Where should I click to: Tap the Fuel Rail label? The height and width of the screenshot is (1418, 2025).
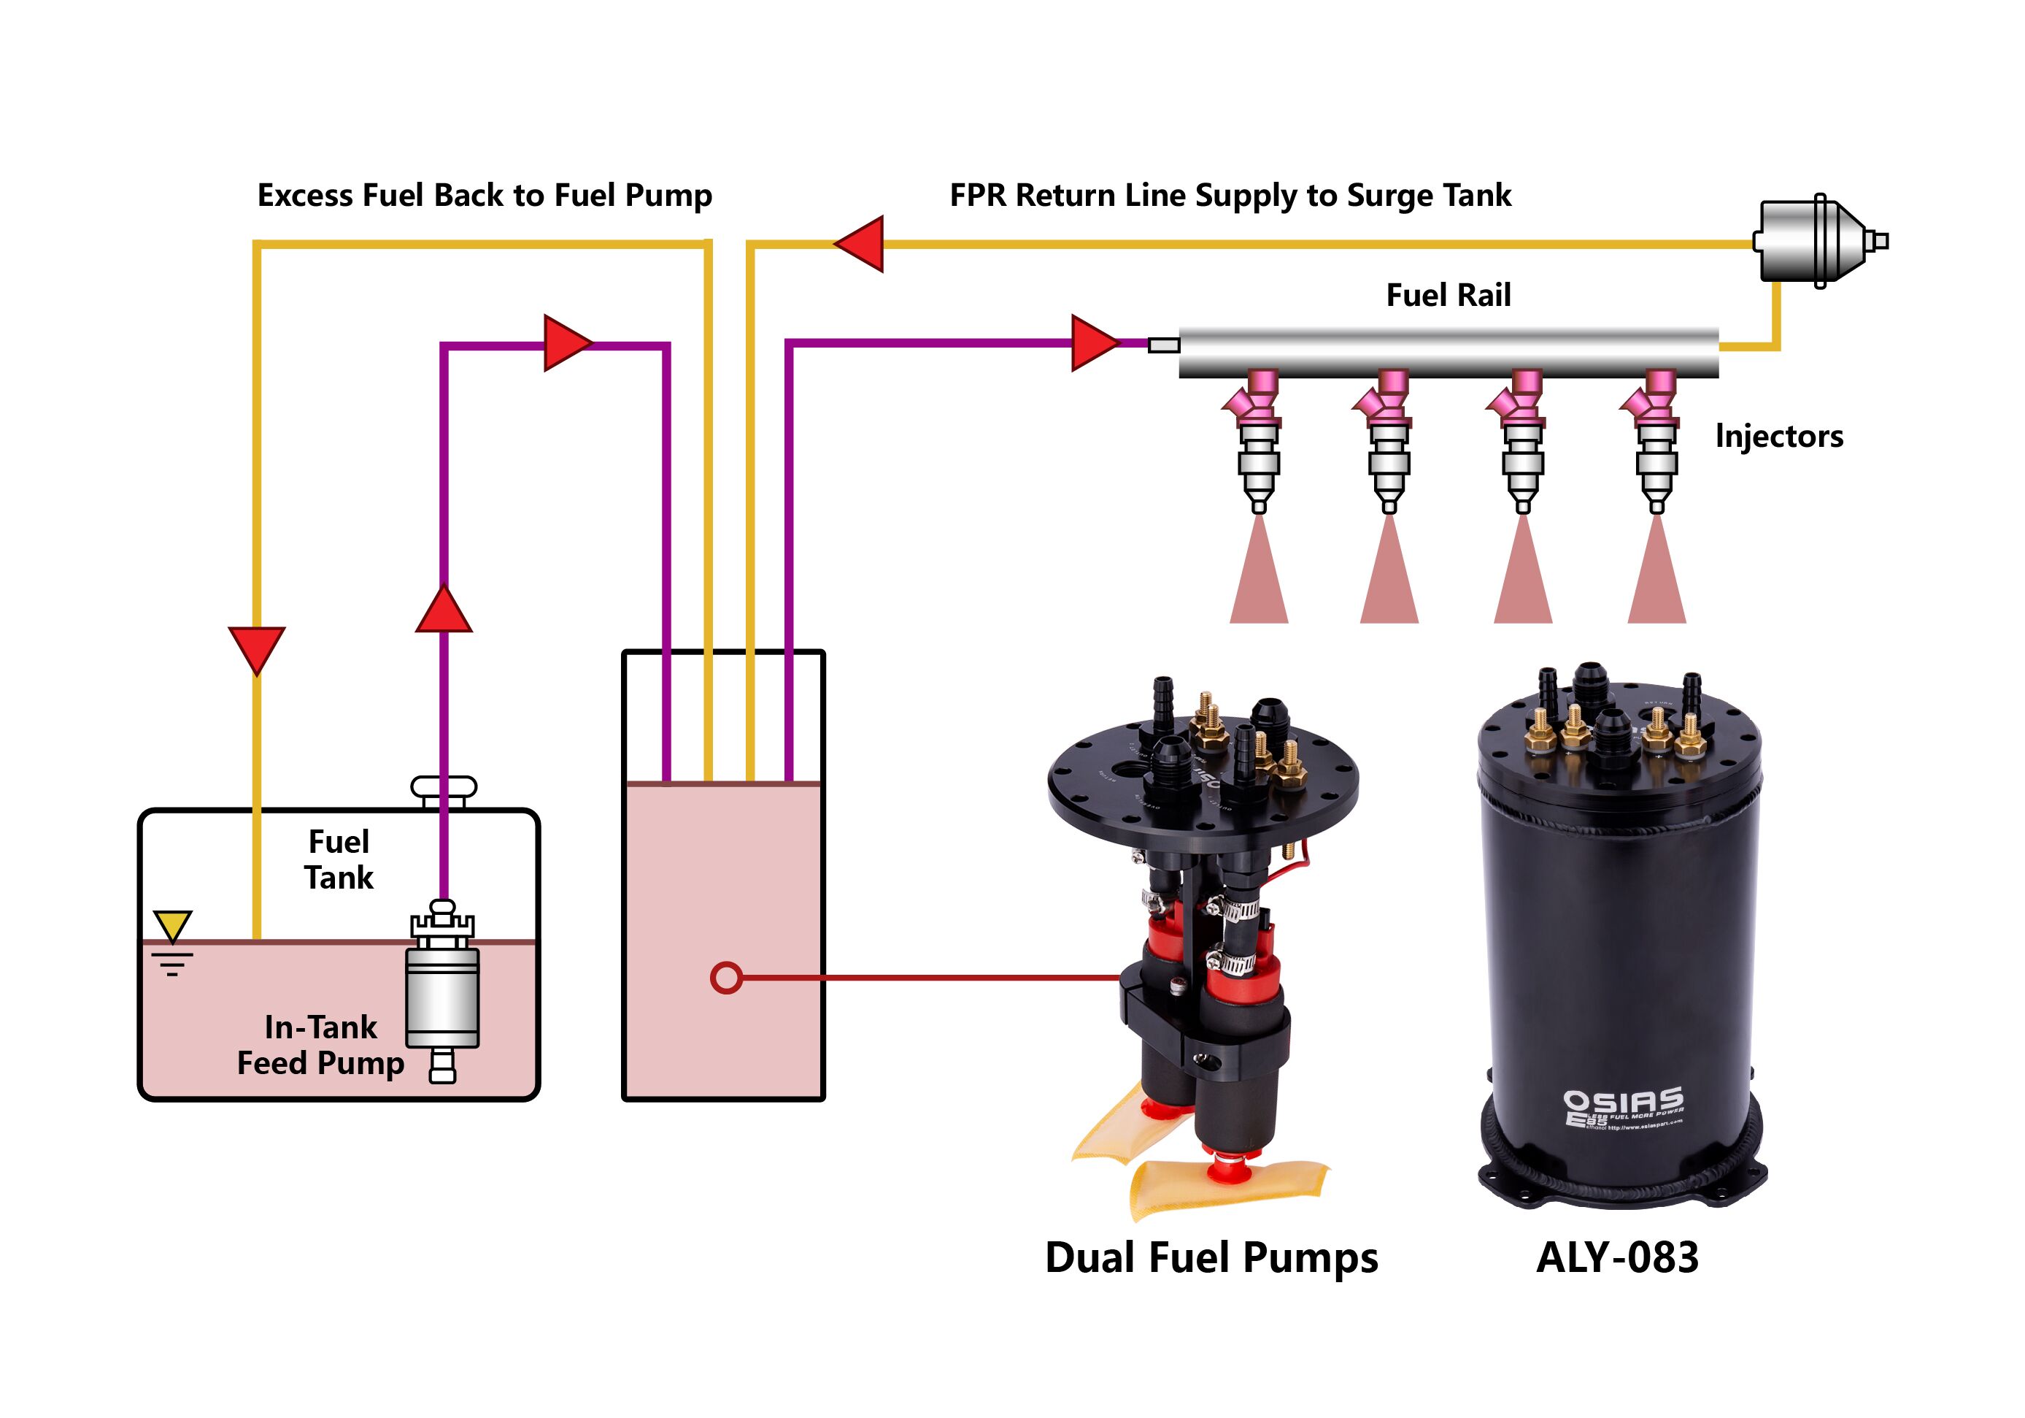pos(1449,295)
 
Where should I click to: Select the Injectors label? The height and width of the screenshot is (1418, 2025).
pos(1778,436)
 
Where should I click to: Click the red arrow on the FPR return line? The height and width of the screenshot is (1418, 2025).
pos(860,244)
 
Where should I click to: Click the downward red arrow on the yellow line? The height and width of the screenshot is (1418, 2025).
pos(257,648)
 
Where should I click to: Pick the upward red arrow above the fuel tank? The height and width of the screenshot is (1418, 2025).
pos(444,610)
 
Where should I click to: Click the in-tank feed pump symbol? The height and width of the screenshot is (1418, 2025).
pos(443,993)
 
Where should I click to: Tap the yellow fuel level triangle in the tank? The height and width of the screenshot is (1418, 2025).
pos(172,926)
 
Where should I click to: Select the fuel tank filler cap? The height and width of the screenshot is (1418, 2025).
pos(444,786)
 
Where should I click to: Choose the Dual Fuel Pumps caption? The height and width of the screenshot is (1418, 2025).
pos(1211,1257)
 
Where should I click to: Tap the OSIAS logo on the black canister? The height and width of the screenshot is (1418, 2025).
pos(1623,1105)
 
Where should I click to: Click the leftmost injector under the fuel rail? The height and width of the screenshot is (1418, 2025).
pos(1259,441)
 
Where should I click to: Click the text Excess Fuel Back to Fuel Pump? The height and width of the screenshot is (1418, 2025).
pos(485,195)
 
